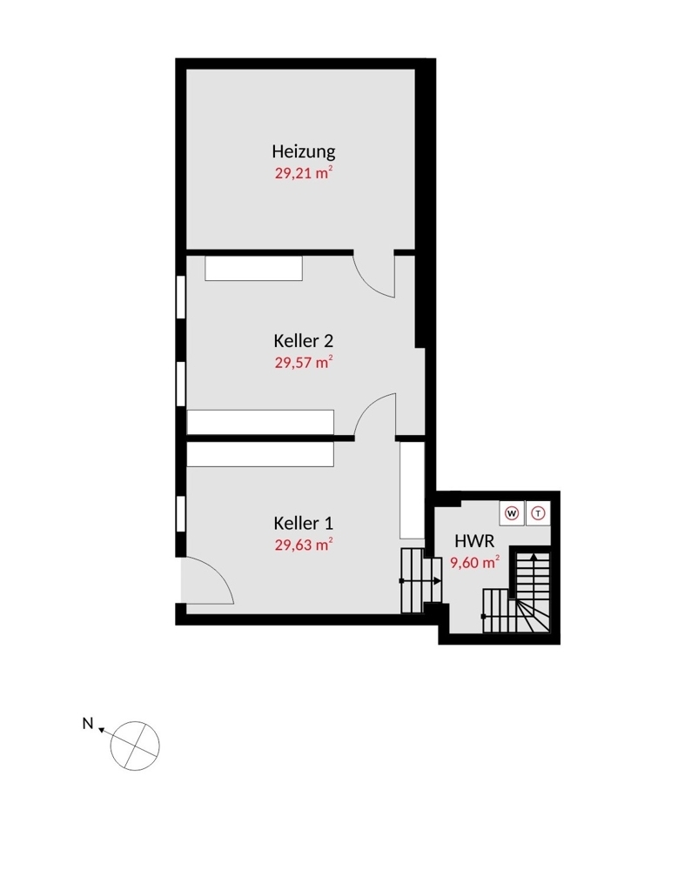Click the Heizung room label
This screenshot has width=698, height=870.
coord(303,151)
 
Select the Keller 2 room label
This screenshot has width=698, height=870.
coord(303,340)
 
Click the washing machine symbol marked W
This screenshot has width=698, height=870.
coord(512,512)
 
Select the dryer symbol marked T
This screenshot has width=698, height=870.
coord(539,512)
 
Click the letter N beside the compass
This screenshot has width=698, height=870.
coord(87,722)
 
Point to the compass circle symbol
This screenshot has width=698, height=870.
coord(136,744)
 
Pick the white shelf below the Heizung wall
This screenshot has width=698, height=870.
coord(253,268)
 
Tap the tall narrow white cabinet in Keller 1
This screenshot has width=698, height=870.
coord(411,490)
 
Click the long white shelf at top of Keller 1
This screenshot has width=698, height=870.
coord(260,454)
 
